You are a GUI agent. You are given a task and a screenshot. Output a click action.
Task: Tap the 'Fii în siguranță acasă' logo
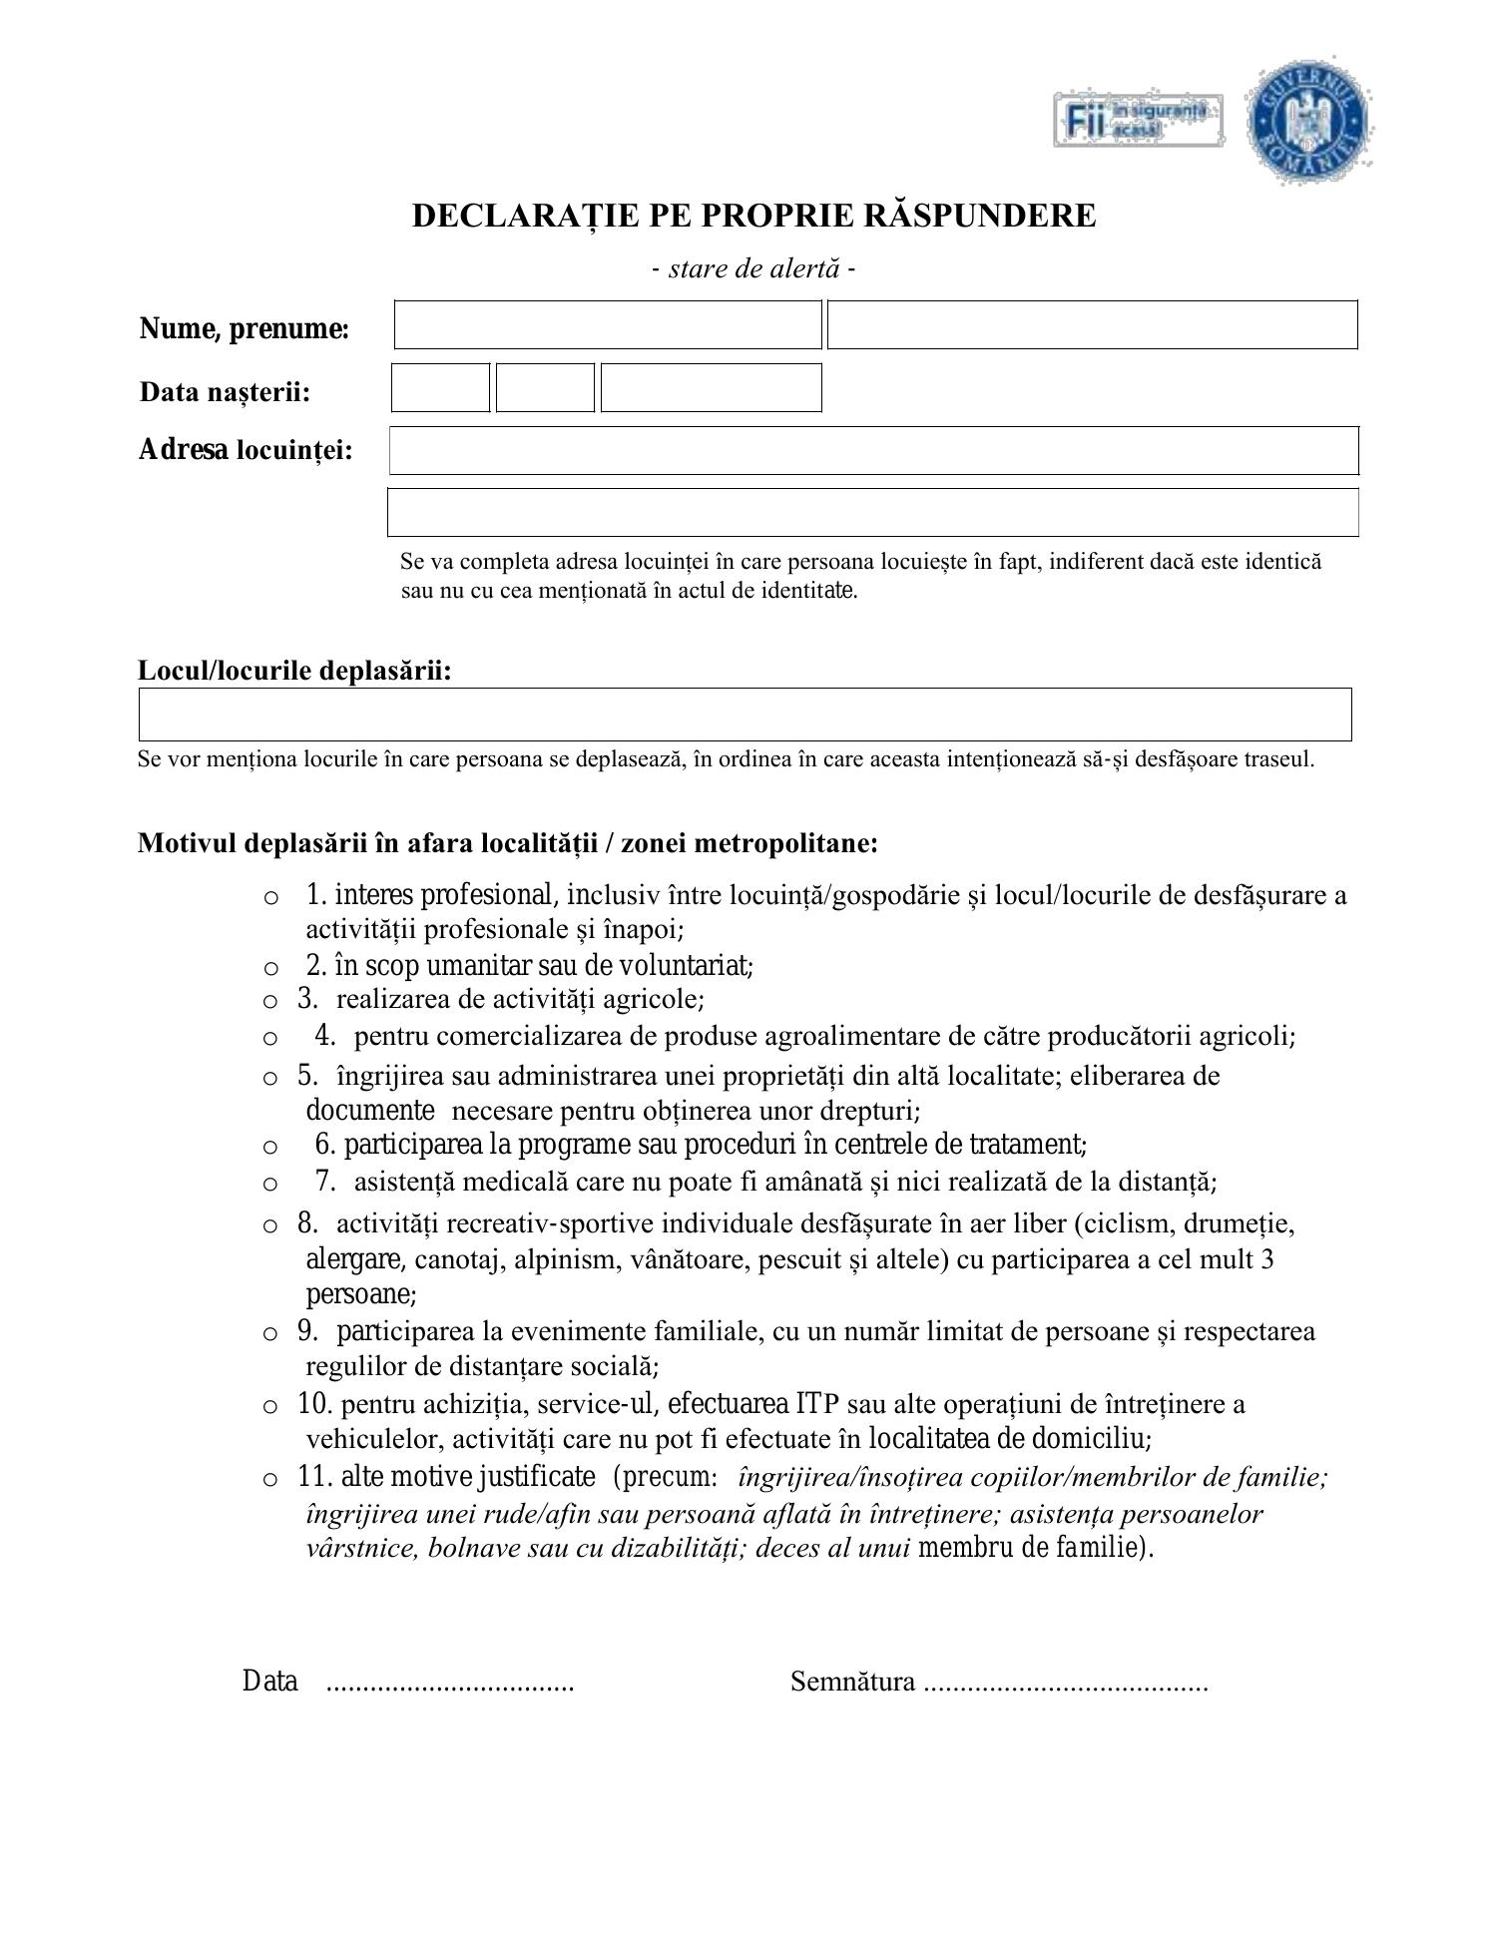(1139, 121)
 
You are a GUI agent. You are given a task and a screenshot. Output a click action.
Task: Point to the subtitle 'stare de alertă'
(753, 268)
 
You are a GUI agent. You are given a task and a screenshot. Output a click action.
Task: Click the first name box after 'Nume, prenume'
(608, 325)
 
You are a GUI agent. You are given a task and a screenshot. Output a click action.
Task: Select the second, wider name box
(1092, 325)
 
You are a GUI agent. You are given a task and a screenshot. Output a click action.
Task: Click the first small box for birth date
(440, 388)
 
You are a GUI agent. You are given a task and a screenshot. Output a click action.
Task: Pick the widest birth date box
(711, 388)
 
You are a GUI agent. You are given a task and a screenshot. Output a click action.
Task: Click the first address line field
(873, 450)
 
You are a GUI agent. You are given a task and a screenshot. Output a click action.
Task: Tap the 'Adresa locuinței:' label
(246, 450)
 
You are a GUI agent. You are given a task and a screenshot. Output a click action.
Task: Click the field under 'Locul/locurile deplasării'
(745, 715)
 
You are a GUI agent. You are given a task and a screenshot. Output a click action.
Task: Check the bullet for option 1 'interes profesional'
(270, 897)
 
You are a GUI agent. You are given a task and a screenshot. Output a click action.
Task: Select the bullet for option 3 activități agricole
(270, 1001)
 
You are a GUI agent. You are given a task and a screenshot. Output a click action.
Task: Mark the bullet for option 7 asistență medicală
(270, 1185)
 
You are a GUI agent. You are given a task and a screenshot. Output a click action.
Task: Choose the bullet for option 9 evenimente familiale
(270, 1333)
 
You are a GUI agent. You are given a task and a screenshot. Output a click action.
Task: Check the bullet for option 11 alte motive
(270, 1480)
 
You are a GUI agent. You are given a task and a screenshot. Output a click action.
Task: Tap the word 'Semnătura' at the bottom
(852, 1683)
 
